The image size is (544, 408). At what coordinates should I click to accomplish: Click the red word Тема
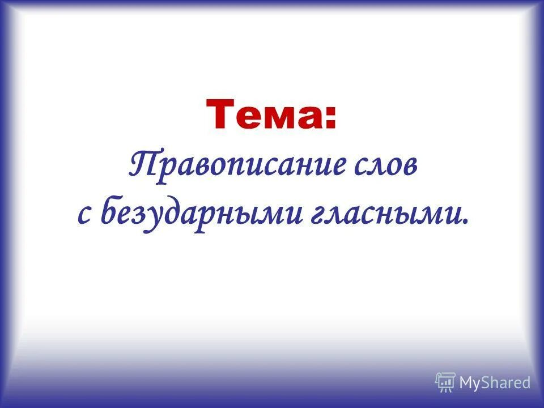pyautogui.click(x=263, y=113)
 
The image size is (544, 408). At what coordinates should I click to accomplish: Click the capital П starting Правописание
pyautogui.click(x=143, y=165)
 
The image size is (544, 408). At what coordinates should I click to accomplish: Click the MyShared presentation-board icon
pyautogui.click(x=445, y=382)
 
